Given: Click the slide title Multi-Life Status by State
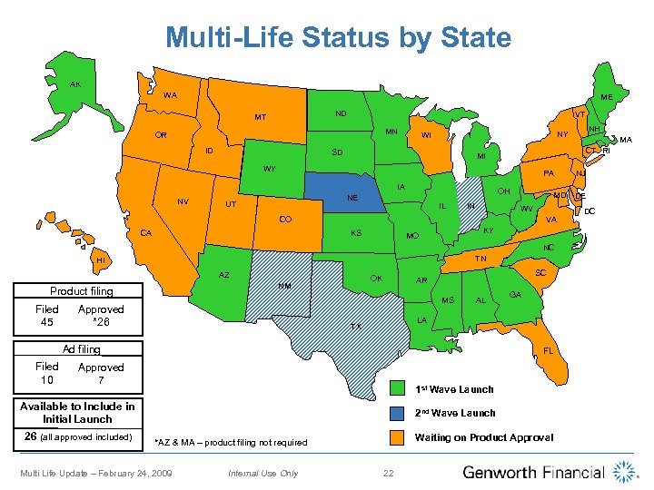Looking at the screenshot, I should [x=338, y=37].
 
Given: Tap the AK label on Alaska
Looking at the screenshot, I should [x=76, y=84].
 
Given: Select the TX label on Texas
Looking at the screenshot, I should [x=357, y=326].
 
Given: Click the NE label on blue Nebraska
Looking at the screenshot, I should [x=352, y=197].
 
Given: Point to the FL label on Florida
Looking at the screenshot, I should [x=548, y=350].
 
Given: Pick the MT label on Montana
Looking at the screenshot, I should [x=260, y=117].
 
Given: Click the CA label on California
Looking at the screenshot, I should [x=145, y=233].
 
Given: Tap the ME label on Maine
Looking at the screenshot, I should [x=606, y=97].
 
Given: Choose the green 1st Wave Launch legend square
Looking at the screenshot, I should [x=396, y=389].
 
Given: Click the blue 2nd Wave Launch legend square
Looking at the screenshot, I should [x=396, y=413].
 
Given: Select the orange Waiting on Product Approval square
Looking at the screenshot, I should [x=396, y=437].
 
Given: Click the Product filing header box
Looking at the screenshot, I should [x=82, y=291].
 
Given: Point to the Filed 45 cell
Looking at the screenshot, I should [x=47, y=316].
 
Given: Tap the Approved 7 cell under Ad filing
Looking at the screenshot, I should [x=101, y=373].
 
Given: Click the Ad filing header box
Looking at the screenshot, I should [x=82, y=348].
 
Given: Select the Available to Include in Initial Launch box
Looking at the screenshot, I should [x=77, y=413].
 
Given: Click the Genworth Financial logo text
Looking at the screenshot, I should [x=533, y=472].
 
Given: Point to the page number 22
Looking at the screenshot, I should [x=388, y=473].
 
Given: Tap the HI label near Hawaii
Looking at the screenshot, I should [x=100, y=260].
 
